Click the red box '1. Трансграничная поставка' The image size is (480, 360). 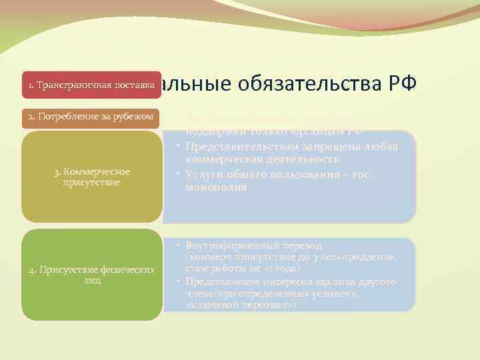[x=92, y=85]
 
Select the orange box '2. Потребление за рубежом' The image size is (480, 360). [x=92, y=118]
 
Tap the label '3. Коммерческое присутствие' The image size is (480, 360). [x=92, y=177]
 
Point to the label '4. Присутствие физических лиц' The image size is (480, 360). [x=92, y=275]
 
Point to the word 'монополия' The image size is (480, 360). [x=216, y=188]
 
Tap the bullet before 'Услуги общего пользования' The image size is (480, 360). [x=179, y=174]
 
